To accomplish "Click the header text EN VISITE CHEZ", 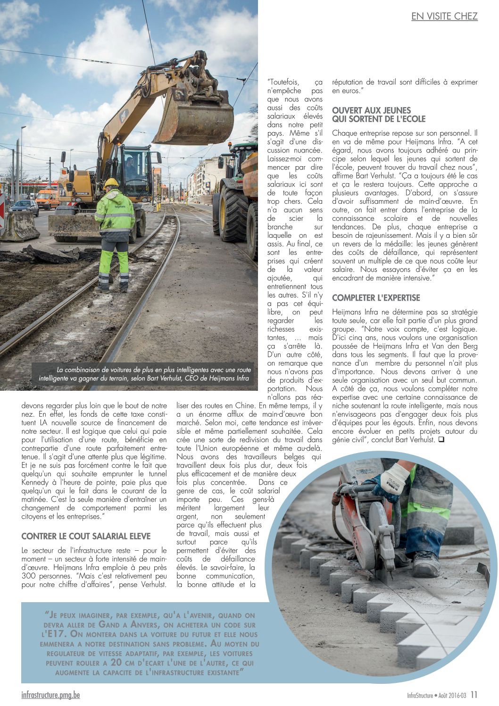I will (444, 17).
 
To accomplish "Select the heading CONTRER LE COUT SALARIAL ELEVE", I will (86, 536).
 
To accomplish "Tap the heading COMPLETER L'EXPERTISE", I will (376, 298).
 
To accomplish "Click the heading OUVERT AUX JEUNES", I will (372, 110).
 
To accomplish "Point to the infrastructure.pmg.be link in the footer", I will (50, 695).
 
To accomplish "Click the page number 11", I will (474, 695).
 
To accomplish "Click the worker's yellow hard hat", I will (111, 183).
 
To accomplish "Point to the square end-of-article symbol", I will (441, 440).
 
